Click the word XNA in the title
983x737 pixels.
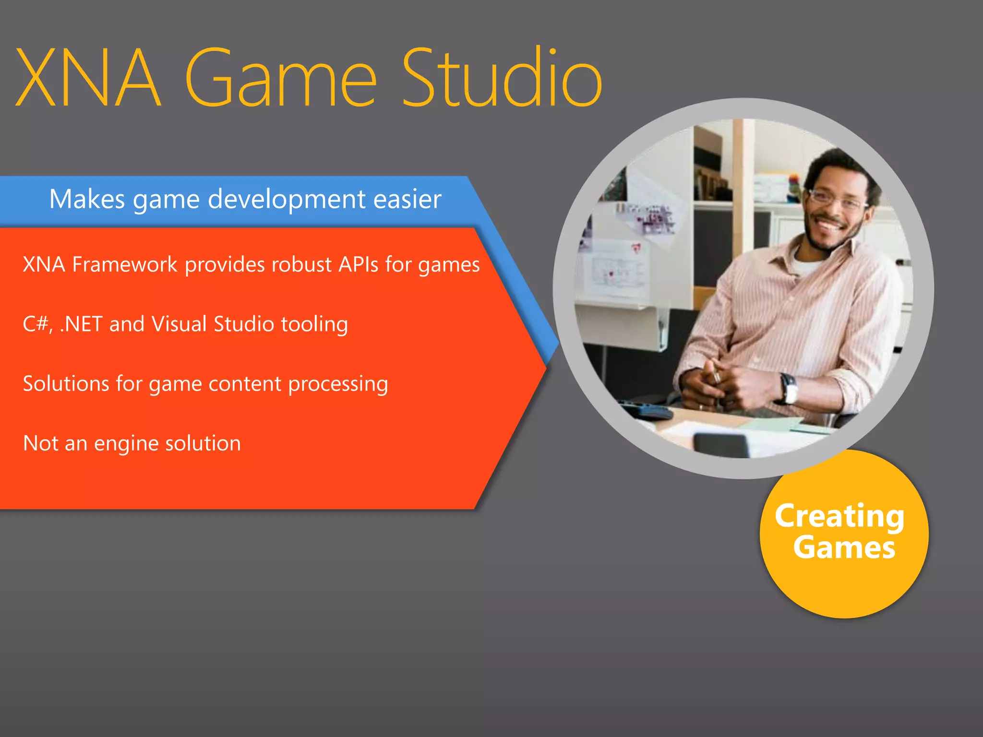click(x=87, y=78)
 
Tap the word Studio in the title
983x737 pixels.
click(x=501, y=78)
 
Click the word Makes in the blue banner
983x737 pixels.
click(x=87, y=199)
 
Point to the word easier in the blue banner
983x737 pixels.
click(x=407, y=199)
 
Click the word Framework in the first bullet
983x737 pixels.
click(x=125, y=264)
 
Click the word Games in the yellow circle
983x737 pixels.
click(x=844, y=548)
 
